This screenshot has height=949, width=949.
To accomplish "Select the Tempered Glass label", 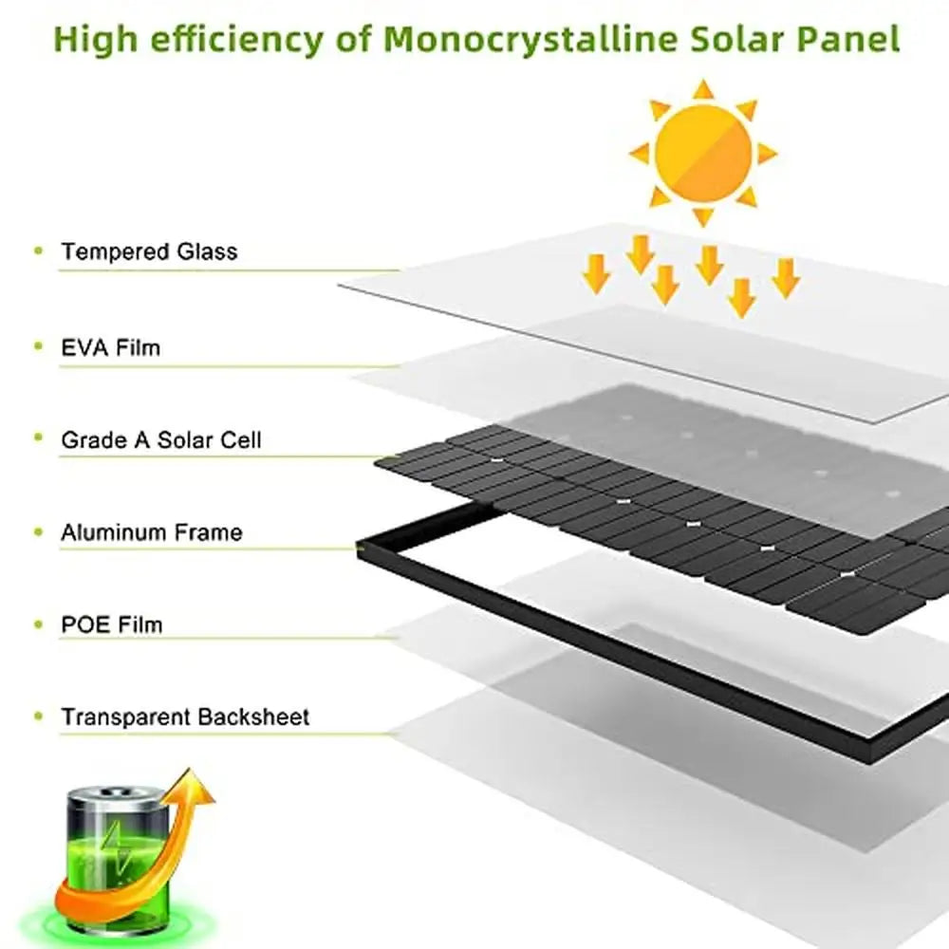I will pyautogui.click(x=149, y=252).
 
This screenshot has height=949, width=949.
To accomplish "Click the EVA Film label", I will pyautogui.click(x=111, y=347).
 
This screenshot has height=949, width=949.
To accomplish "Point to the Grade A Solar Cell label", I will pyautogui.click(x=161, y=440).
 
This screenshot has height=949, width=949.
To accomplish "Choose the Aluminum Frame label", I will pyautogui.click(x=152, y=532).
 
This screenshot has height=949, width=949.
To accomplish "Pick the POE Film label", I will pyautogui.click(x=112, y=624).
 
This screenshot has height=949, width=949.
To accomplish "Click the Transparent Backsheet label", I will pyautogui.click(x=185, y=716).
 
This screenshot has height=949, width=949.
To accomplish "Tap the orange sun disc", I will pyautogui.click(x=703, y=151).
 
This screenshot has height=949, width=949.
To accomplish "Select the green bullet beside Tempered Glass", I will pyautogui.click(x=38, y=251).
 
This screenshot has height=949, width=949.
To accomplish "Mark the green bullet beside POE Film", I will pyautogui.click(x=38, y=623).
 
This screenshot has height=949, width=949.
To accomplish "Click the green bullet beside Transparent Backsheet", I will pyautogui.click(x=38, y=716).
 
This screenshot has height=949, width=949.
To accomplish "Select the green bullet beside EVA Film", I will pyautogui.click(x=38, y=346).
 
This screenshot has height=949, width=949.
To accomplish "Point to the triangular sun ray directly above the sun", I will pyautogui.click(x=703, y=89).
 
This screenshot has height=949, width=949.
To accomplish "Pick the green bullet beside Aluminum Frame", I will pyautogui.click(x=38, y=531).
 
